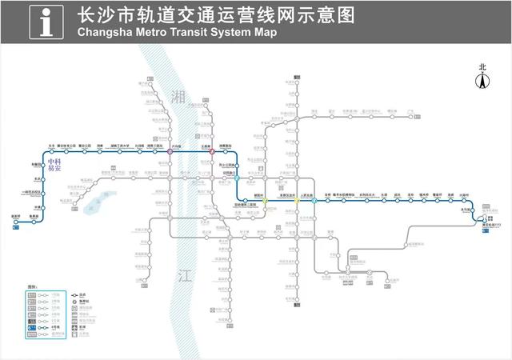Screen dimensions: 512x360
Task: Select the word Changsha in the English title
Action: (x=105, y=33)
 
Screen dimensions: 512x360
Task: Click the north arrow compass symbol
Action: (x=482, y=82)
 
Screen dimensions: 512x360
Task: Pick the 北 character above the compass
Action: (x=482, y=68)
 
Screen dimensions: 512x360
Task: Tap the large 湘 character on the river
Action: (x=178, y=96)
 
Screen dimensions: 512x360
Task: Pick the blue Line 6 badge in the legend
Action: (x=31, y=327)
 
